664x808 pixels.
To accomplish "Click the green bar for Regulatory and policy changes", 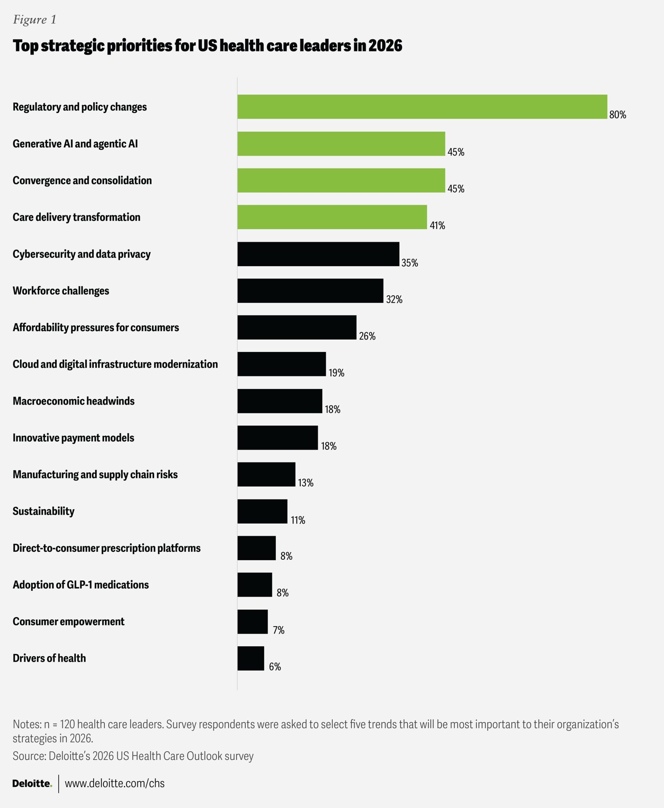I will coord(422,107).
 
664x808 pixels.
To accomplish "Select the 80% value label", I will coord(617,115).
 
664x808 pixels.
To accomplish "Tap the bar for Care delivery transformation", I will coord(332,217).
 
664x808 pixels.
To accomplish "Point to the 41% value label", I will coord(437,226).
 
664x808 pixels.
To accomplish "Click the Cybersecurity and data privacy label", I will coord(81,254).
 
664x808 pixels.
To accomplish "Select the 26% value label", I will coord(367,336).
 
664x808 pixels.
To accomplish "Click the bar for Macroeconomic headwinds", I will coord(279,401).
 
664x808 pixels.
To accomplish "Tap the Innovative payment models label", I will coord(73,438).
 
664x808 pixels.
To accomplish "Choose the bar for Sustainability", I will coord(262,511).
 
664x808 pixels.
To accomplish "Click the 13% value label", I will coord(306,483).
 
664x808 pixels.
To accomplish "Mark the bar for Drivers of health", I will coord(250,658).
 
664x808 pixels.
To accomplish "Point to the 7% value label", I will coord(279,630).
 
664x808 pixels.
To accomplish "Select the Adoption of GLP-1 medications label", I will coord(81,585).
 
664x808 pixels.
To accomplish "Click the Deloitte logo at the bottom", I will coord(32,783).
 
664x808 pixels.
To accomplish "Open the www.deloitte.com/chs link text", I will coord(115,783).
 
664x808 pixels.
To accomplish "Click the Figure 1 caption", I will coord(35,20).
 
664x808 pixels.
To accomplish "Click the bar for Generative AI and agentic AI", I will coord(341,144).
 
